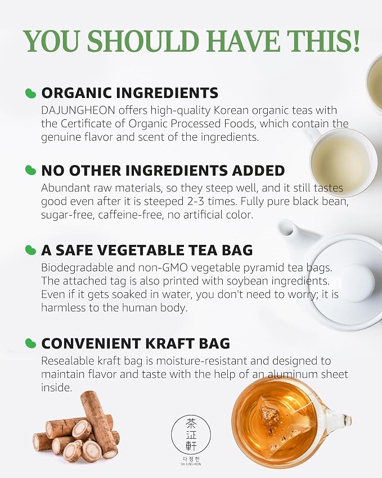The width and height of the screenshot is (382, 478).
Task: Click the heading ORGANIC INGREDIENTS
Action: click(130, 93)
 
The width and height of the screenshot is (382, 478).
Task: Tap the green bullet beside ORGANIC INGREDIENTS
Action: click(30, 93)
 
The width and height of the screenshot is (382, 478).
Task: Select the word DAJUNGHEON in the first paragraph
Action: click(78, 110)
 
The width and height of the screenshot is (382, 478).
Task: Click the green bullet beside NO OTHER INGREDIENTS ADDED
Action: click(30, 170)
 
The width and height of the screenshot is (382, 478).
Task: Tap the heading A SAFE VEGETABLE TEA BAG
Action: click(147, 251)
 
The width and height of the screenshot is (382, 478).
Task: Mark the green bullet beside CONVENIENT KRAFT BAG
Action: click(30, 343)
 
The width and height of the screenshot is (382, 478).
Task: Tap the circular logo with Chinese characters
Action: click(191, 435)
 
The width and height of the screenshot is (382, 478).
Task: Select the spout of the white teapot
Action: click(289, 231)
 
